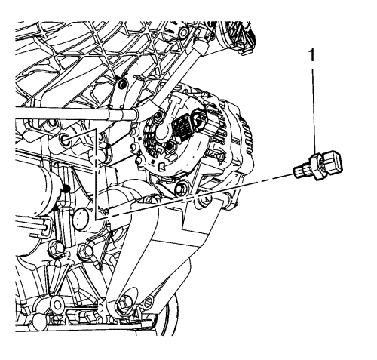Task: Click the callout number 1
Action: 312,55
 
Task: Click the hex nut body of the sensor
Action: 317,168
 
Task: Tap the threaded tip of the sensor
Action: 298,173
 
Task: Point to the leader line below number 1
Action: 313,112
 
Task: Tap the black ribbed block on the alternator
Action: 182,128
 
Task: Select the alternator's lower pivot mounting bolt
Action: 180,189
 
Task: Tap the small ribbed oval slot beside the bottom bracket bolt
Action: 149,301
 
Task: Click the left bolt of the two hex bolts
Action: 55,248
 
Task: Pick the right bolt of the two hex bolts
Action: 84,250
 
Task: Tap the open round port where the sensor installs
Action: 66,140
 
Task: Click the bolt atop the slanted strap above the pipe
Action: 122,85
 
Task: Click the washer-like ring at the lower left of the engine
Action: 56,305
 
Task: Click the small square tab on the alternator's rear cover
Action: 162,166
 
